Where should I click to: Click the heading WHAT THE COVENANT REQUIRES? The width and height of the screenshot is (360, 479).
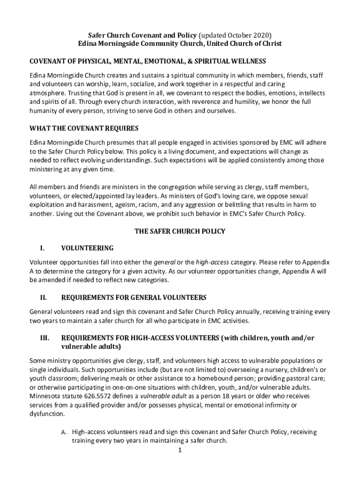[x=84, y=128]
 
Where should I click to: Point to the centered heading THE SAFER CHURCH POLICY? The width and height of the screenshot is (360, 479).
[x=180, y=231]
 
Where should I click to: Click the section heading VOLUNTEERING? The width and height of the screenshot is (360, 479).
[x=87, y=248]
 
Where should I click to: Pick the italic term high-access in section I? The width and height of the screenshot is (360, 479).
[x=213, y=261]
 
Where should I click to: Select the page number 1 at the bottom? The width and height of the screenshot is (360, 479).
[x=180, y=450]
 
